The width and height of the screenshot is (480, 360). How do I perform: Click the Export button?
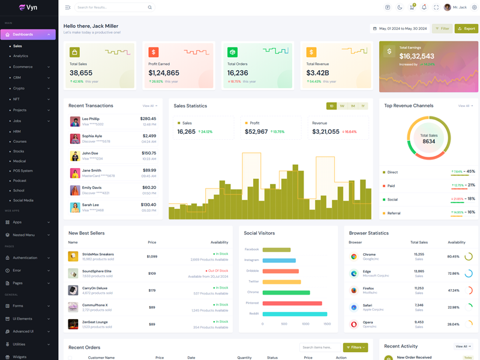coord(466,28)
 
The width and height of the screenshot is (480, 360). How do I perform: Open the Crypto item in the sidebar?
coord(19,88)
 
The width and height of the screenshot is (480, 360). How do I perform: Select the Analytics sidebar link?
coord(20,56)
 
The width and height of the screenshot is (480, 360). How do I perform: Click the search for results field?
coord(111,7)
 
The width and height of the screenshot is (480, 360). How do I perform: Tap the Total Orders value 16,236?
coord(238,73)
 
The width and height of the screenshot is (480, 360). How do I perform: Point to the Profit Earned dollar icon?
coord(154,53)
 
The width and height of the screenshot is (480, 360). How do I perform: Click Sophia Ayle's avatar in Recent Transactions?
coord(75,139)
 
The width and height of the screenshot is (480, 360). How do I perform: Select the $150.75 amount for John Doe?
coord(149,153)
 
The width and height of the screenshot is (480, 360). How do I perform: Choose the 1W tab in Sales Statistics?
coord(342,106)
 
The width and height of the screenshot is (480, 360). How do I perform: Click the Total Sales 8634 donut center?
coord(428,139)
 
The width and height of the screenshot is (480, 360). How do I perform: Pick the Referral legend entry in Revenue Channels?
coord(394,213)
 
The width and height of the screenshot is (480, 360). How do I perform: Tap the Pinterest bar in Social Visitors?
coord(292,303)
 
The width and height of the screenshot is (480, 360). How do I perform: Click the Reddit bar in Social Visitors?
coord(295,314)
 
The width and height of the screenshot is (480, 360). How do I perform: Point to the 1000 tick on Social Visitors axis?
coord(305,324)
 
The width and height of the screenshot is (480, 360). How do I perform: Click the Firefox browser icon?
coord(354,290)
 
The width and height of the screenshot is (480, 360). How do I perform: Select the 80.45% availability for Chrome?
coord(453,257)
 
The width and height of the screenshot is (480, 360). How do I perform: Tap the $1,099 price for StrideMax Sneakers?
coord(152,257)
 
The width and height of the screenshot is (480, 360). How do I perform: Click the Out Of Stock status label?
coord(218,271)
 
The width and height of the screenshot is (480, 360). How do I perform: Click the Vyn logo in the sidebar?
coord(28,8)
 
